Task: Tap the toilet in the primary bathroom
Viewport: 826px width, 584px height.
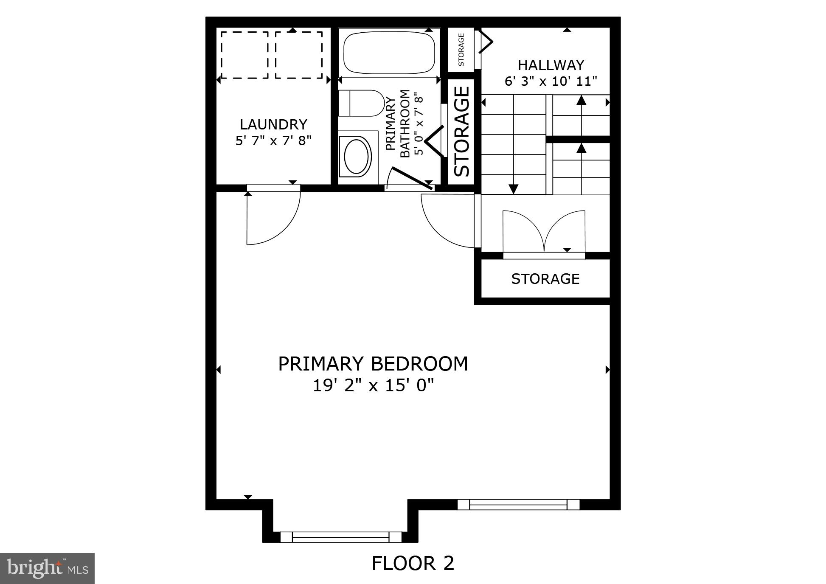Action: [361, 103]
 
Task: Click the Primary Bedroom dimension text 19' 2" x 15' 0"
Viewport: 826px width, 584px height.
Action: [373, 386]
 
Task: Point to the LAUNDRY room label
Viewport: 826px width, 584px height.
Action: [273, 124]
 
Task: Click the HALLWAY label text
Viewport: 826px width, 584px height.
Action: [551, 65]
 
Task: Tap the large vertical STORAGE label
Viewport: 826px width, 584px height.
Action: [462, 132]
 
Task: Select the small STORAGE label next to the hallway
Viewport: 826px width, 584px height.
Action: [461, 50]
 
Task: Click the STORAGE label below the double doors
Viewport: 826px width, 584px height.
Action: [545, 279]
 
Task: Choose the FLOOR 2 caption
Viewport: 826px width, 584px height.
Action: [413, 563]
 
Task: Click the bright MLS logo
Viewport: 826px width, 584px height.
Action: [47, 568]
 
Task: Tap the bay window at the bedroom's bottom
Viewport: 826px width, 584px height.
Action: [340, 536]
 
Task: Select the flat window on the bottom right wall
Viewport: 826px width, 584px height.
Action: [518, 504]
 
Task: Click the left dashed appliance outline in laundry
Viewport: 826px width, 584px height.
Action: [244, 55]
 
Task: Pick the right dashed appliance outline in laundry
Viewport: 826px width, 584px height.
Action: [298, 55]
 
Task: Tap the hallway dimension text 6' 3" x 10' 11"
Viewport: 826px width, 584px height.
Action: [551, 81]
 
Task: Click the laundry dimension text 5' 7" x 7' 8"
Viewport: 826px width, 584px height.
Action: [273, 140]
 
